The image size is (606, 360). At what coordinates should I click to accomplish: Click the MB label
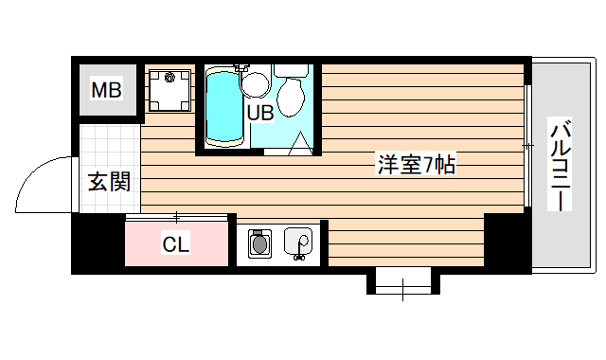point(106,91)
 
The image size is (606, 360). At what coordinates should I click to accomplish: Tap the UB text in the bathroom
point(260,112)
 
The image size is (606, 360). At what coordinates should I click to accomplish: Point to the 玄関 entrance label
point(109,181)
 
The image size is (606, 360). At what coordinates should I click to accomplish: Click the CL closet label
point(175,244)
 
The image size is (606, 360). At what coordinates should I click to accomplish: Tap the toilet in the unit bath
point(291,93)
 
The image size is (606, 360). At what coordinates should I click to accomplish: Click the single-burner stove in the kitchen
point(258,244)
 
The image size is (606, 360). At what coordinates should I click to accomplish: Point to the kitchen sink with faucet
point(300,243)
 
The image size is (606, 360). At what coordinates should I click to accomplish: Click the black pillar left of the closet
point(98,243)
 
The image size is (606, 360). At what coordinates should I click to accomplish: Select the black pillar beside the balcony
point(508,243)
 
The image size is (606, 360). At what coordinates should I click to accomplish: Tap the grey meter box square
point(106,91)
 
